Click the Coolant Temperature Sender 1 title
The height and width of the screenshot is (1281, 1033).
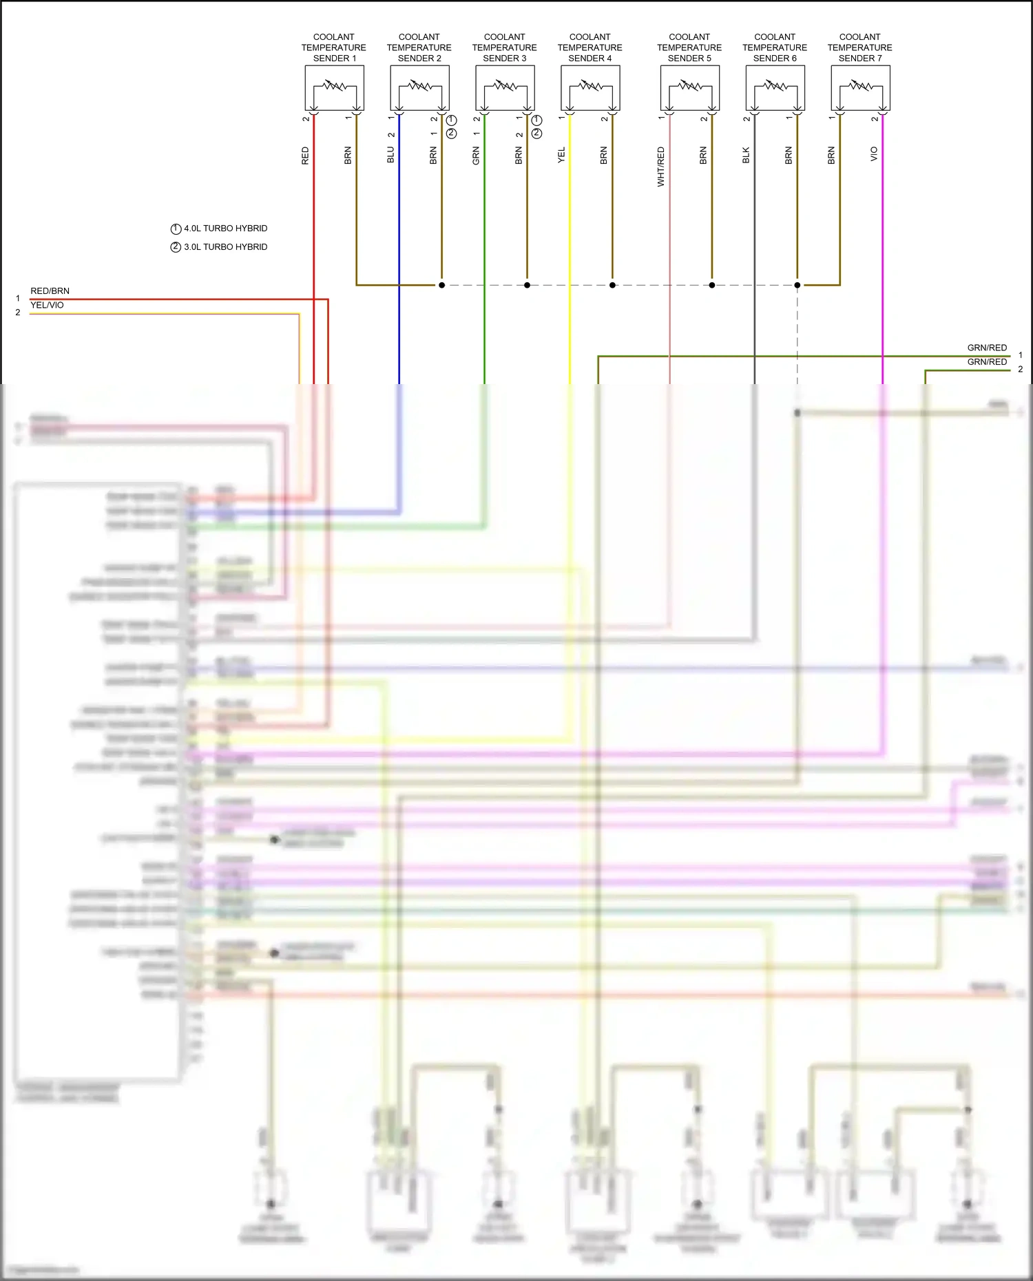(333, 47)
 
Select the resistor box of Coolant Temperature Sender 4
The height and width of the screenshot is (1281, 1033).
(590, 87)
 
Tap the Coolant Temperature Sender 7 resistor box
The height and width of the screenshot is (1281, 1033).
(860, 87)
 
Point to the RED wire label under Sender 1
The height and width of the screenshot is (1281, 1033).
(305, 156)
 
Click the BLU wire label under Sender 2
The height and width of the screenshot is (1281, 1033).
(390, 156)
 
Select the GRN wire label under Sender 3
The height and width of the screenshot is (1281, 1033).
(476, 156)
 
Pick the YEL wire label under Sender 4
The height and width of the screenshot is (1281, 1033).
(561, 156)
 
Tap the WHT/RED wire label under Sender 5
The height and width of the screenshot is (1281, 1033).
(661, 167)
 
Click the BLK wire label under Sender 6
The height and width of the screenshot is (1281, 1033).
(746, 156)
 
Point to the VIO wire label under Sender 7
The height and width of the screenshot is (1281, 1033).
(874, 154)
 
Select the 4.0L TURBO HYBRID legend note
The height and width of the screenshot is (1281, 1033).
(225, 229)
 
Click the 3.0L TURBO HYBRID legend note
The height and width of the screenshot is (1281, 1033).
(225, 247)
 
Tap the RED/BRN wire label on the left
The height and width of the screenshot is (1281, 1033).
(50, 291)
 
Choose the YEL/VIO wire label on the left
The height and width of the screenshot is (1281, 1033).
(47, 305)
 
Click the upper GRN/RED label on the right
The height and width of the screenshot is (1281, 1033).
(987, 348)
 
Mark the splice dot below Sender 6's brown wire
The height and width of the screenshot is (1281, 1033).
(797, 285)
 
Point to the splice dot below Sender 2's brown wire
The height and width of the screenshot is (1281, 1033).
(441, 285)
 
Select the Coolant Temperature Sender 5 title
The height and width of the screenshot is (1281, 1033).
(689, 47)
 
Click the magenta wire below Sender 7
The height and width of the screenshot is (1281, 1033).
(882, 275)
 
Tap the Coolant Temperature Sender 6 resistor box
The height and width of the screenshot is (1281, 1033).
(775, 87)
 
